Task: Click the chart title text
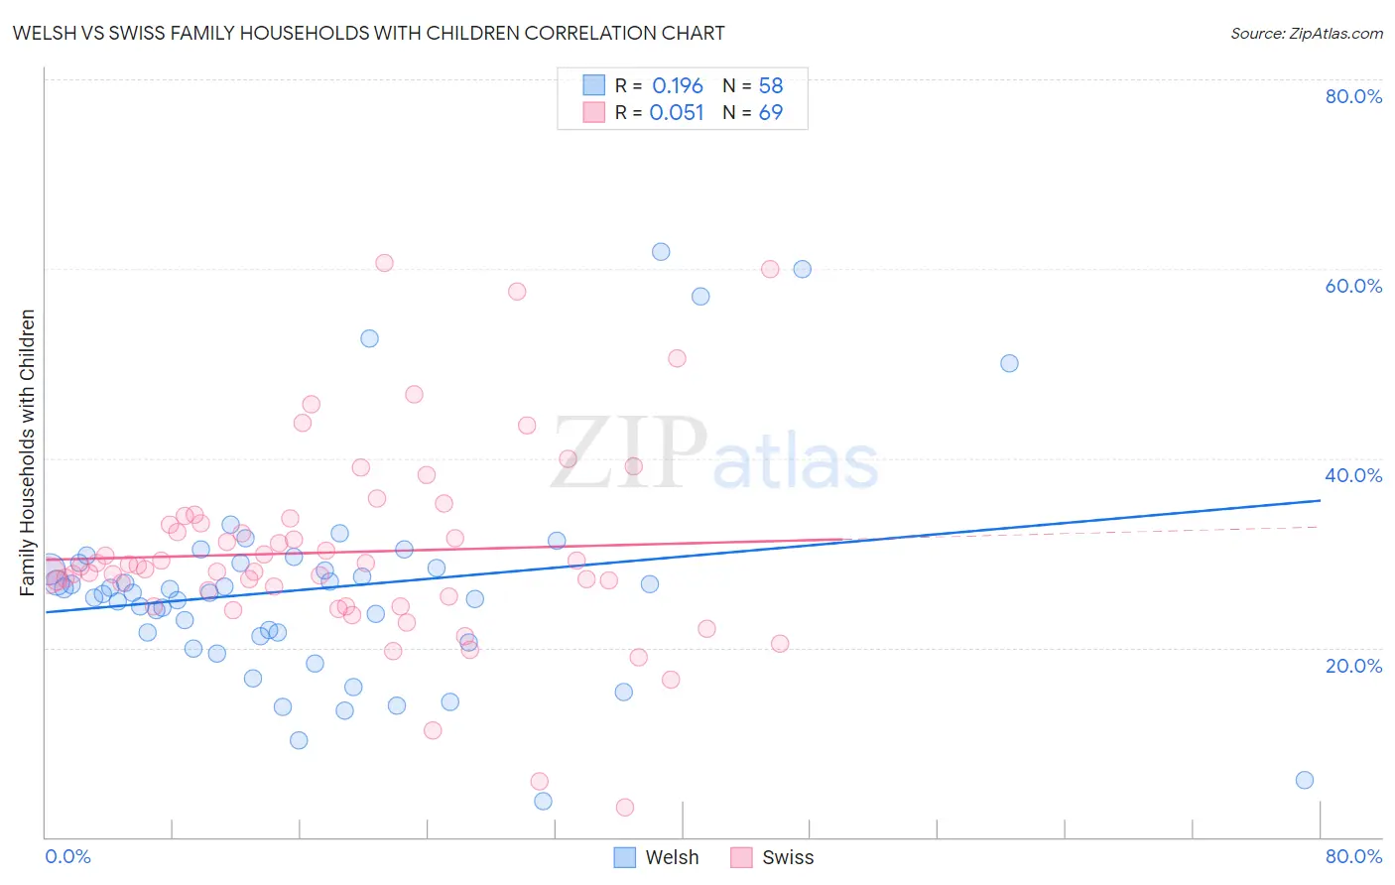click(x=368, y=33)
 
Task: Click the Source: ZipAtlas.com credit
click(x=1306, y=34)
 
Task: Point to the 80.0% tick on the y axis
click(x=1353, y=96)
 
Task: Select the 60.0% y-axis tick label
click(x=1353, y=286)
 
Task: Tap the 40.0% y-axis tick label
click(x=1353, y=475)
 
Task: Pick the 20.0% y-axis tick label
click(x=1353, y=666)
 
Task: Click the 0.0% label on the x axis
click(x=67, y=857)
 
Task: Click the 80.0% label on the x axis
click(x=1353, y=857)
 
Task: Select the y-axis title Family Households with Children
click(x=28, y=452)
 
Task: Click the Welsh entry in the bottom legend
click(x=672, y=858)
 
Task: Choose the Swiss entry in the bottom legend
click(x=787, y=858)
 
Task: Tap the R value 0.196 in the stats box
click(x=678, y=86)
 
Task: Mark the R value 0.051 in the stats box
click(x=677, y=113)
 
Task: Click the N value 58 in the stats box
click(x=771, y=86)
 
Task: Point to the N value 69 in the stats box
click(x=771, y=113)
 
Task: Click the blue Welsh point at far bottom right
click(x=1305, y=780)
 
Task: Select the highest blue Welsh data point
click(x=661, y=252)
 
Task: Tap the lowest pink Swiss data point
click(x=625, y=808)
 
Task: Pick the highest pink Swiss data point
click(x=384, y=263)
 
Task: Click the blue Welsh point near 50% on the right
click(x=1009, y=363)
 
